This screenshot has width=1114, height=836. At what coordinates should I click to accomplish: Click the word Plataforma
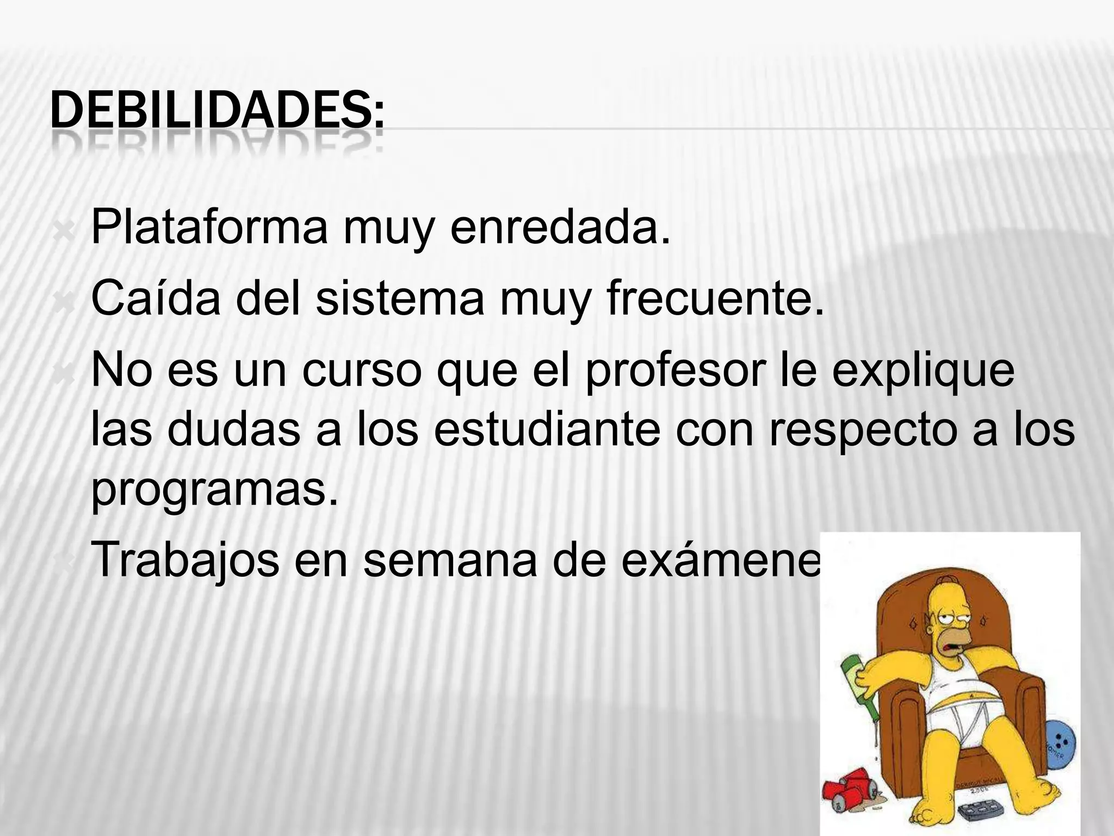209,227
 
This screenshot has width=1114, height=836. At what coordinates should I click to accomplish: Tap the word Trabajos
185,561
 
